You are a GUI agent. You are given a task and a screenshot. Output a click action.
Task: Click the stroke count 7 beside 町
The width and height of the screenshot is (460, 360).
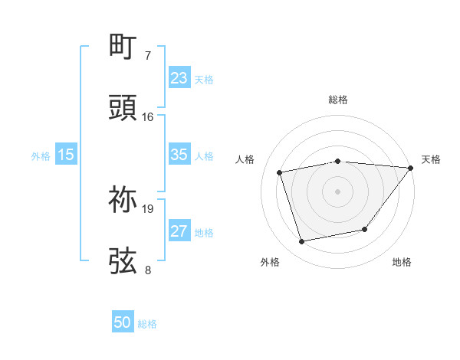(x=148, y=56)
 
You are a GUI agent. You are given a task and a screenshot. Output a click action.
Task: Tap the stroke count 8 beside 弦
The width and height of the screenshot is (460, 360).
(x=148, y=270)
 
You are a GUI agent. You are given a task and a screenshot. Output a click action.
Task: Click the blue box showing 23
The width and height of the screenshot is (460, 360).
(x=179, y=78)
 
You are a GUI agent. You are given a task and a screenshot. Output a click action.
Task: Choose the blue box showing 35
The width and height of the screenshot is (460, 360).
(x=179, y=155)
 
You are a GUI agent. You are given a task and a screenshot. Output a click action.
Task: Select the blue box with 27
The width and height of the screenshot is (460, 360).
(x=179, y=231)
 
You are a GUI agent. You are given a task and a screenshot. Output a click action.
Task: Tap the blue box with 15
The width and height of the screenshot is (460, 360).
(x=66, y=155)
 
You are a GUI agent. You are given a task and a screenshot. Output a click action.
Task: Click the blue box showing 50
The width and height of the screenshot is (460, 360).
(x=123, y=323)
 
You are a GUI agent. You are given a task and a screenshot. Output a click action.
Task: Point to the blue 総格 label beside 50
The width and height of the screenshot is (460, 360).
(x=147, y=324)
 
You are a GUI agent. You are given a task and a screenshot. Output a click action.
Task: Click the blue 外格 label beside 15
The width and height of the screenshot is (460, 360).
(x=41, y=155)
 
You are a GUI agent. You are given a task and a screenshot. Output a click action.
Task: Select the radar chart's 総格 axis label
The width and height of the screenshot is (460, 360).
(x=338, y=100)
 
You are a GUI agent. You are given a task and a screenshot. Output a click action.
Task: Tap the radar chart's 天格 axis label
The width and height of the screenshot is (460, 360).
(x=431, y=159)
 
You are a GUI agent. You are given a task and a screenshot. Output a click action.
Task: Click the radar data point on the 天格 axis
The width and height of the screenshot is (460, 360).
(x=410, y=168)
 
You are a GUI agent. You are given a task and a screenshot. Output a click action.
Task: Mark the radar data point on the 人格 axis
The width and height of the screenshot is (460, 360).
(x=281, y=172)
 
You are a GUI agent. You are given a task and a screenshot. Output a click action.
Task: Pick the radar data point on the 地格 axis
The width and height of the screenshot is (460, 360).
(x=365, y=229)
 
